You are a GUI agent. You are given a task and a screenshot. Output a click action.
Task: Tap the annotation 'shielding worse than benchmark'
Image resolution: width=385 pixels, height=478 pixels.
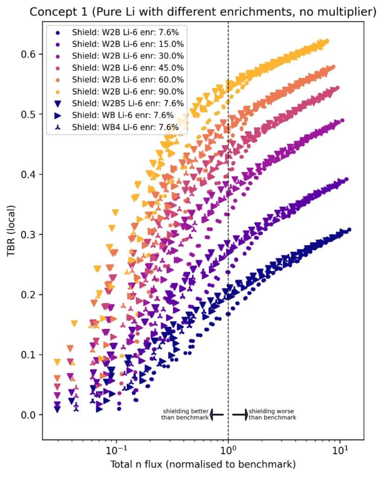pyautogui.click(x=272, y=414)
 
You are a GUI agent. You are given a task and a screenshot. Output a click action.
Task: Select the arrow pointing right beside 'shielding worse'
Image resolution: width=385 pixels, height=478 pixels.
pyautogui.click(x=240, y=415)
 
